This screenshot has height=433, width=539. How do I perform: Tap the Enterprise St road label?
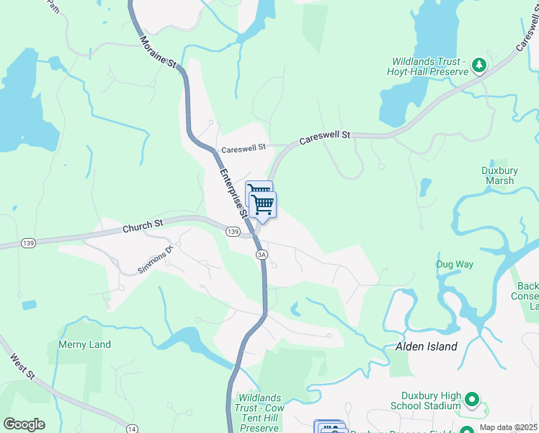click(234, 192)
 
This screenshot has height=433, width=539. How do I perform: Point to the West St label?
click(22, 365)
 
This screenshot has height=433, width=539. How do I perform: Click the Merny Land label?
click(85, 344)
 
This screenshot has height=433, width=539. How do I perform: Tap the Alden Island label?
click(427, 346)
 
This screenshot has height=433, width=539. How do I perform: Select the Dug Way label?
click(455, 264)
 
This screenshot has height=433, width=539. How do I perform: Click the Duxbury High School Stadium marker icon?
click(472, 398)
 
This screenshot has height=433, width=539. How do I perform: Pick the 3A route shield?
click(262, 254)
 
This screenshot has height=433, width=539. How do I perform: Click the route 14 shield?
click(130, 429)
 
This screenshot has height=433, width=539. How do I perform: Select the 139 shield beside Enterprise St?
click(232, 231)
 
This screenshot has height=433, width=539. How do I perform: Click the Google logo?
click(24, 424)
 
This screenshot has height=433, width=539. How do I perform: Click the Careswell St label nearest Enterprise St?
click(244, 148)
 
